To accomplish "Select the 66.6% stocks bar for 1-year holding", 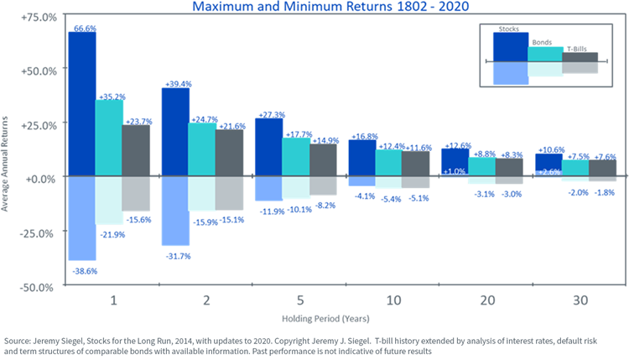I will click(82, 105).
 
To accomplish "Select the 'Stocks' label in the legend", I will click(508, 29).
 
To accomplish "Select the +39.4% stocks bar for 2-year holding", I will click(174, 133).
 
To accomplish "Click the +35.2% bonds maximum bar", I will click(110, 139).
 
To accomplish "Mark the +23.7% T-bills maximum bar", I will click(137, 152).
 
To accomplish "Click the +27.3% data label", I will click(268, 113).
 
